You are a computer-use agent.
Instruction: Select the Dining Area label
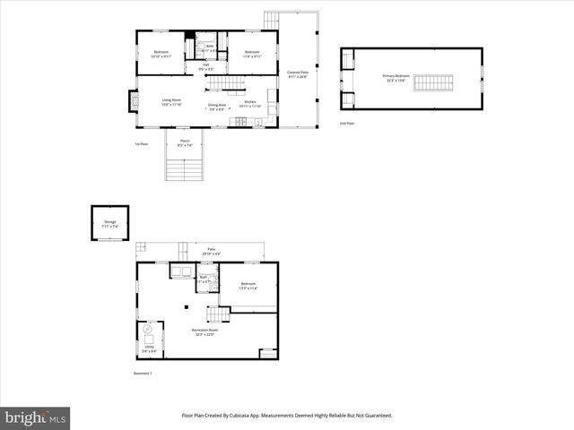click(217, 107)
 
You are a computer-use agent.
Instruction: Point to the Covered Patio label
click(298, 73)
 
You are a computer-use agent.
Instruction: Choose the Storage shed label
click(109, 221)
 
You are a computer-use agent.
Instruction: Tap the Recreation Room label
click(203, 331)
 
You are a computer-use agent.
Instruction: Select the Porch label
click(185, 142)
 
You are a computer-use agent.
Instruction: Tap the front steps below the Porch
click(185, 168)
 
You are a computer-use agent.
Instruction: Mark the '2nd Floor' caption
click(346, 123)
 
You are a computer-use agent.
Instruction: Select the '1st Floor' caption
click(142, 143)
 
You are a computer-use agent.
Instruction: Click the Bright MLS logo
click(35, 418)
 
